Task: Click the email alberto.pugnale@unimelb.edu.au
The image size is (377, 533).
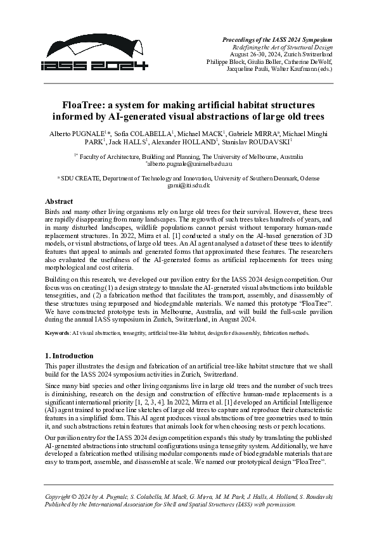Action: click(x=189, y=163)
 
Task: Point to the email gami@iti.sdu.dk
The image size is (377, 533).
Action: click(x=188, y=185)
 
